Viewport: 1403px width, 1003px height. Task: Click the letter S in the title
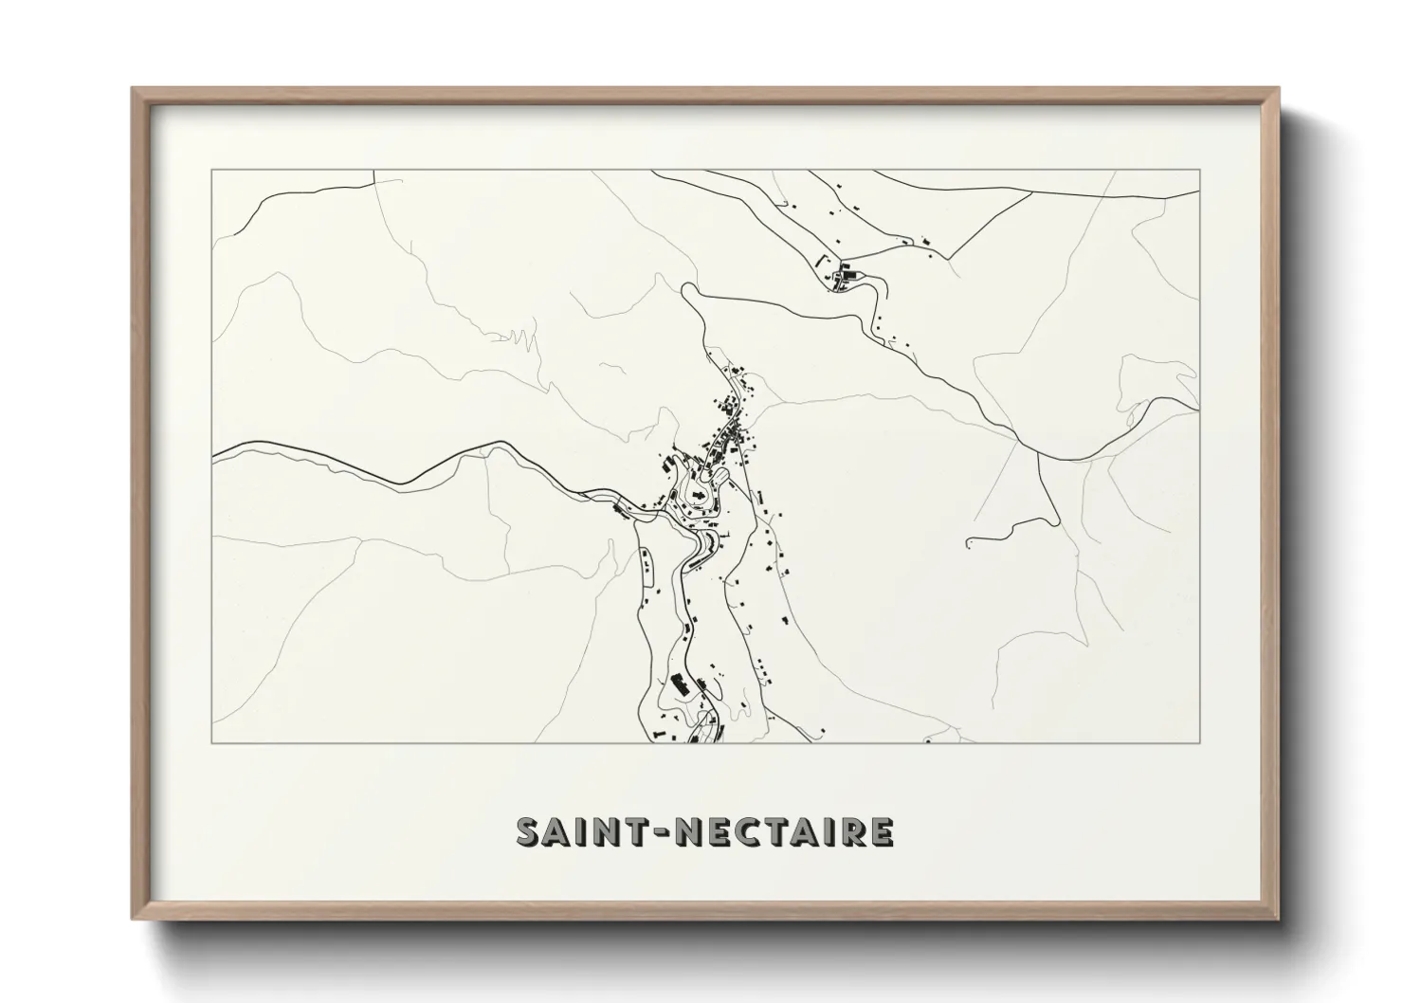pos(529,831)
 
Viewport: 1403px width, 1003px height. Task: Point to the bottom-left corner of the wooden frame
pos(134,919)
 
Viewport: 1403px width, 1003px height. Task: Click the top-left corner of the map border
pos(212,171)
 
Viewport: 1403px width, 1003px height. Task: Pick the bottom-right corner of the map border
pos(1199,741)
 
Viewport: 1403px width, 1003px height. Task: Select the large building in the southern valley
pos(679,684)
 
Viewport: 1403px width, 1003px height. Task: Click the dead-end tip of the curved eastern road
pos(968,543)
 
